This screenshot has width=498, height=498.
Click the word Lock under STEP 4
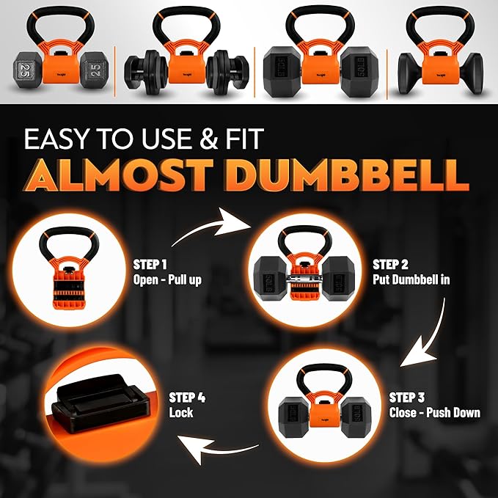point(180,413)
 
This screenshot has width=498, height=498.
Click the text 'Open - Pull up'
point(166,279)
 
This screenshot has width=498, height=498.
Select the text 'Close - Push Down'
point(434,412)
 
